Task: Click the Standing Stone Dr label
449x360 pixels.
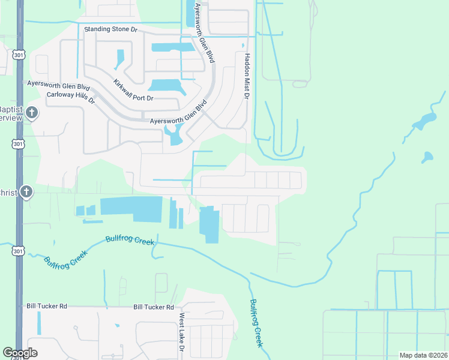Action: [x=112, y=29]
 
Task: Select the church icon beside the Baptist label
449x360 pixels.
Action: [x=32, y=113]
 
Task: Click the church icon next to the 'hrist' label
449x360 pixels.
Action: [x=26, y=192]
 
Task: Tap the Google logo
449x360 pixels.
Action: [x=20, y=353]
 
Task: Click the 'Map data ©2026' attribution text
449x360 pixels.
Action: [x=423, y=355]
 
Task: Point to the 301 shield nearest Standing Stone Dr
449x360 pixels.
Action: [x=18, y=55]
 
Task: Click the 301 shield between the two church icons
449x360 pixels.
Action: [x=17, y=144]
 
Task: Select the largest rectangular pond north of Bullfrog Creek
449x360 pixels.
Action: [x=131, y=206]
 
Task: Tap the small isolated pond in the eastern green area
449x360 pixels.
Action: [x=427, y=158]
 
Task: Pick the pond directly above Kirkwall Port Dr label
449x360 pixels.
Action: [x=164, y=86]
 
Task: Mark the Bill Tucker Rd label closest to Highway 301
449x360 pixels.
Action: [x=46, y=306]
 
